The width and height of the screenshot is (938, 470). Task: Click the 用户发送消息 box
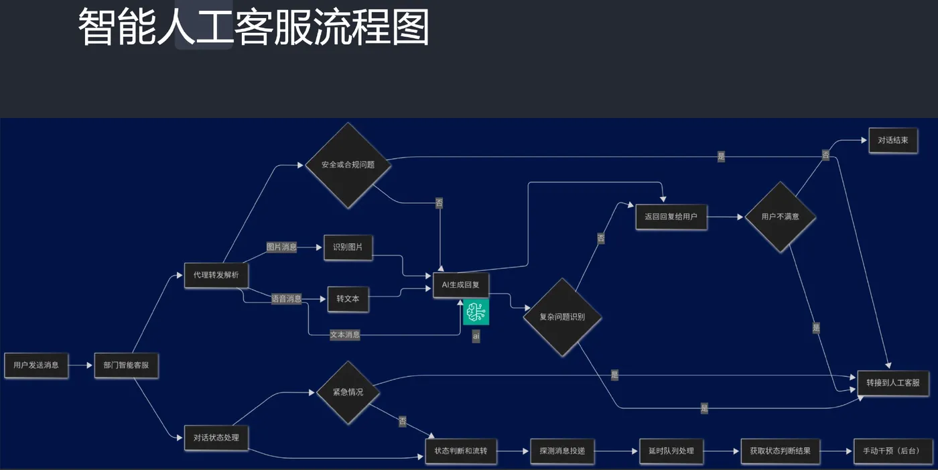pos(36,365)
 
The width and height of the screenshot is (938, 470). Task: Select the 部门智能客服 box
pos(127,365)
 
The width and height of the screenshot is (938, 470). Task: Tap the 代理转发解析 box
pos(216,275)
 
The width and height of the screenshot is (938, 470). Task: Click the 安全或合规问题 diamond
pos(348,165)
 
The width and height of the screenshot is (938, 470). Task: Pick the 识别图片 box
pos(348,247)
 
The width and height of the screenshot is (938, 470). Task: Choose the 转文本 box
pos(348,299)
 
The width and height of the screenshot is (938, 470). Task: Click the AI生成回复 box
pos(460,285)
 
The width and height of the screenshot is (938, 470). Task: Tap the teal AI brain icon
pos(476,311)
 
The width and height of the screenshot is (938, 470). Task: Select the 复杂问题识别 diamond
pos(562,317)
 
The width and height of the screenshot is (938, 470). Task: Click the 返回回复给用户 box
pos(671,217)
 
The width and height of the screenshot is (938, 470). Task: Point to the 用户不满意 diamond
pos(780,217)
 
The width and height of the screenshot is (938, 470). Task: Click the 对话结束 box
pos(892,141)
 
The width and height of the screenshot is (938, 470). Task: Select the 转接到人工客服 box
pos(892,383)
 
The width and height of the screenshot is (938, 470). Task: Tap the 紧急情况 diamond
pos(348,392)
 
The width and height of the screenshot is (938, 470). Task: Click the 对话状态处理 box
pos(216,438)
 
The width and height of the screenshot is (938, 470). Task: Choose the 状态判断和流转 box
pos(460,451)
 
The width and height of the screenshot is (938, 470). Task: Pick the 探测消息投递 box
pos(562,451)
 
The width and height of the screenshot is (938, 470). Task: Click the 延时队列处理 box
pos(671,451)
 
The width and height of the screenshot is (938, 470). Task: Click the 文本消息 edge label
pos(344,335)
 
